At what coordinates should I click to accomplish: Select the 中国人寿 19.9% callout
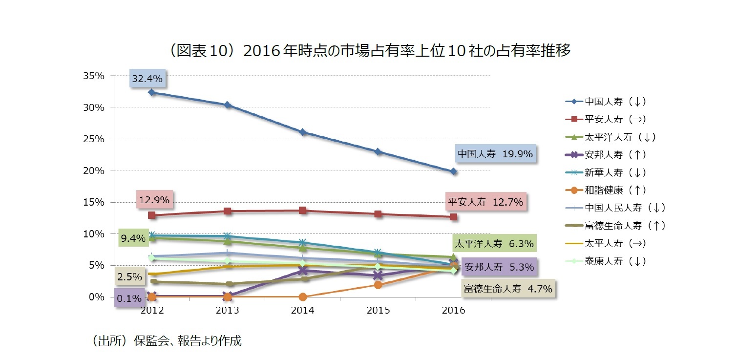coord(495,154)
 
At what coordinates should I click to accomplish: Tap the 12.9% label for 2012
coord(154,200)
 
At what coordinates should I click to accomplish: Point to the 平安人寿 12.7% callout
coord(485,201)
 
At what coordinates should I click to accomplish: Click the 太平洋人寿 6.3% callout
coord(494,243)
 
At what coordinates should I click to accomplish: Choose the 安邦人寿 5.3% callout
coord(498,267)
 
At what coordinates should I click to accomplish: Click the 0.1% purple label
coord(129,298)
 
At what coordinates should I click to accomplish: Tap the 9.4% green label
coord(133,238)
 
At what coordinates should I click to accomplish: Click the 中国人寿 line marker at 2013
coord(228,105)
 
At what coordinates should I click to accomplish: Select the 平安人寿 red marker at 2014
coord(303,211)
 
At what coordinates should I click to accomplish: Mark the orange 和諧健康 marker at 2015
coord(378,285)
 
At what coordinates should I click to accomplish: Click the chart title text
coord(368,51)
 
